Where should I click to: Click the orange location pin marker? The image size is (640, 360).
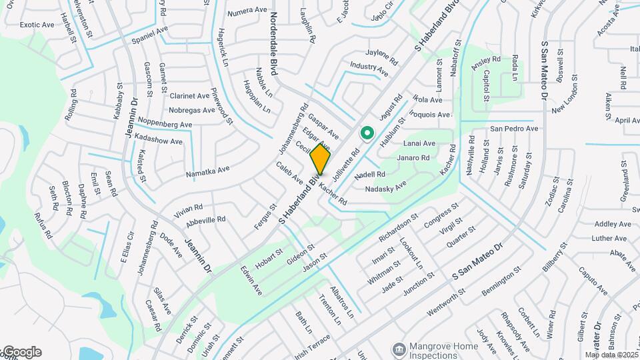coord(320,159)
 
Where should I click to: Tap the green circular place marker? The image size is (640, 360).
coord(366,134)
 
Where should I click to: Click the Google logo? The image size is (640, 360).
coord(21,352)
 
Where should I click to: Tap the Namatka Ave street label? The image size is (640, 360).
coord(208,172)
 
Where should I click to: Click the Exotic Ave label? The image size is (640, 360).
coord(37,25)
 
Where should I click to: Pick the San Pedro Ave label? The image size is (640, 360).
coord(513,128)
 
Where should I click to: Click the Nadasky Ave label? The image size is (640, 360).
coord(386,186)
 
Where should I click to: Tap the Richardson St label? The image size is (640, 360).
coord(398,227)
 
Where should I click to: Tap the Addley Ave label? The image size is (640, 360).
coord(612,224)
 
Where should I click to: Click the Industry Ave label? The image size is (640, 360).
coord(369,67)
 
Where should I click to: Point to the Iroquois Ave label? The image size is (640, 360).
coord(431,115)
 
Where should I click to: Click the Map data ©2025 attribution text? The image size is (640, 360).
coord(611,355)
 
